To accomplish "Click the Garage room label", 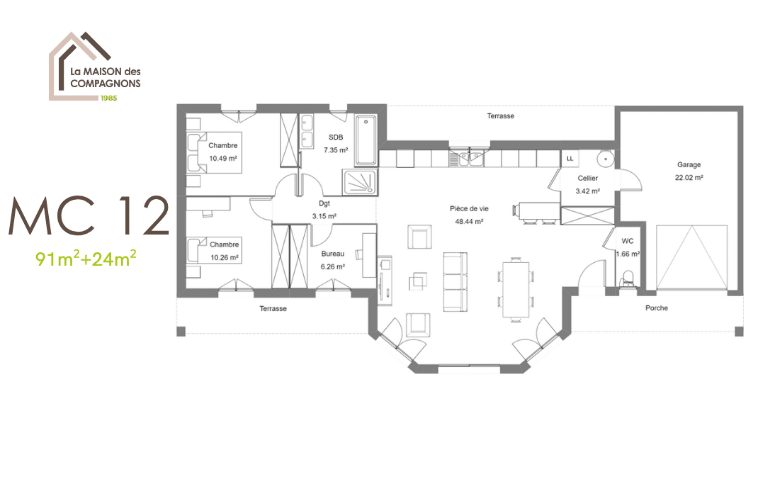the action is pyautogui.click(x=689, y=165).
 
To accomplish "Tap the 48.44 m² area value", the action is pyautogui.click(x=469, y=222).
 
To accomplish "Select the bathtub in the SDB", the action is pyautogui.click(x=366, y=141).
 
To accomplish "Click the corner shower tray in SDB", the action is pyautogui.click(x=360, y=182).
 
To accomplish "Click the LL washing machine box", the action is pyautogui.click(x=570, y=159).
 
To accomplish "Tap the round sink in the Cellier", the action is pyautogui.click(x=605, y=158).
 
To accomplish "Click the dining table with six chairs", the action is pyautogui.click(x=516, y=289).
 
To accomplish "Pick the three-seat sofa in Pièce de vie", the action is pyautogui.click(x=456, y=282).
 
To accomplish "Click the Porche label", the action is pyautogui.click(x=657, y=308).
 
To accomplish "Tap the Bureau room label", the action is pyautogui.click(x=332, y=254).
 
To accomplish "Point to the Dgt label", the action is pyautogui.click(x=324, y=203).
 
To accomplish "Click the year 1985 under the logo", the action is pyautogui.click(x=108, y=98).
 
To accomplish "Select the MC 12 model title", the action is pyautogui.click(x=89, y=216).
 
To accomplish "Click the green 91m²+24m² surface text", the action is pyautogui.click(x=86, y=259).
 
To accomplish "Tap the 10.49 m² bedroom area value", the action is pyautogui.click(x=223, y=158).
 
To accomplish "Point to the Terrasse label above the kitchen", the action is pyautogui.click(x=500, y=116).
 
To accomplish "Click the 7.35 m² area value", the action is pyautogui.click(x=336, y=150).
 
